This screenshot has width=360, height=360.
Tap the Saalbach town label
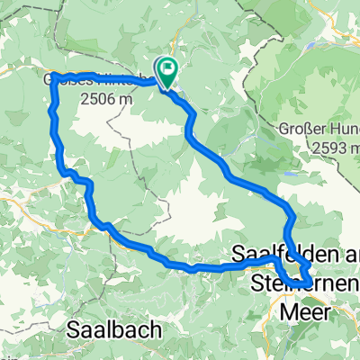tap(115, 331)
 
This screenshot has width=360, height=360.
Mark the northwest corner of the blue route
tap(55, 77)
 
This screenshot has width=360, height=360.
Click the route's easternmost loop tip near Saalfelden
tap(310, 274)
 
